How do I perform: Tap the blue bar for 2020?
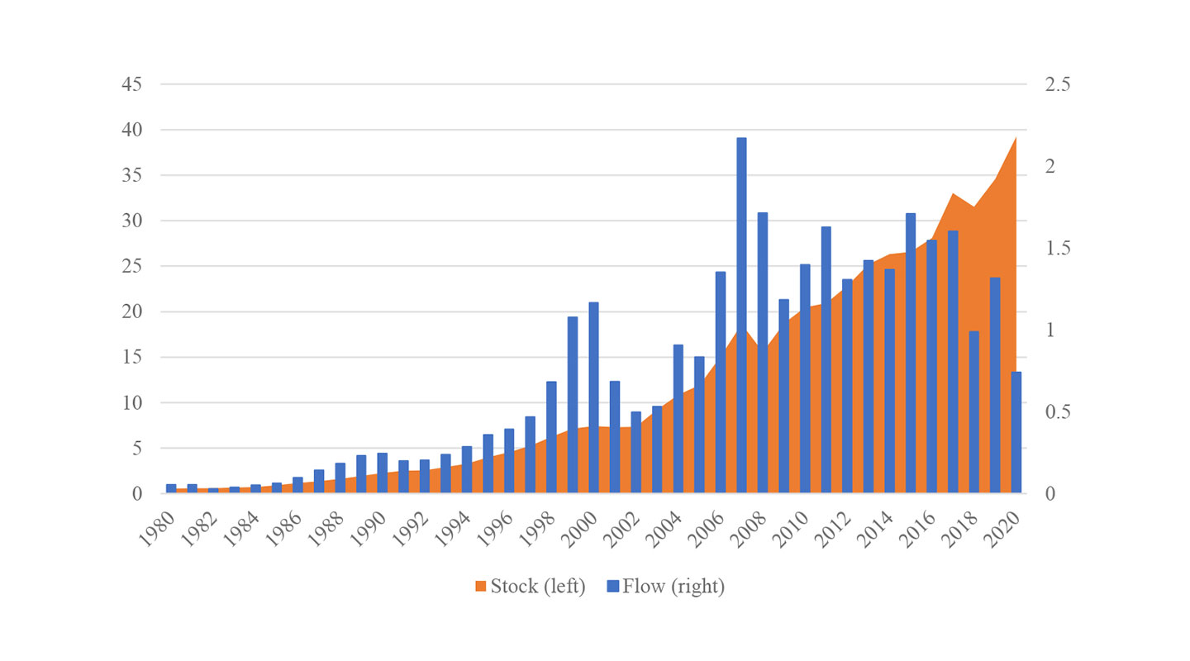coord(1016,433)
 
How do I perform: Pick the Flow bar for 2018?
coord(974,412)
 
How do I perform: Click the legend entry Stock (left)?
coord(538,587)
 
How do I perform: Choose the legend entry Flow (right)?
coord(673,587)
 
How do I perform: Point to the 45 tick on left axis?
coord(132,84)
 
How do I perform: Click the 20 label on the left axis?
coord(132,312)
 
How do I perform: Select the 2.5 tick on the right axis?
coord(1055,84)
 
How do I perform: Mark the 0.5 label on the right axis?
coord(1055,411)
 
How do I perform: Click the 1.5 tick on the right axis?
coord(1055,248)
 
